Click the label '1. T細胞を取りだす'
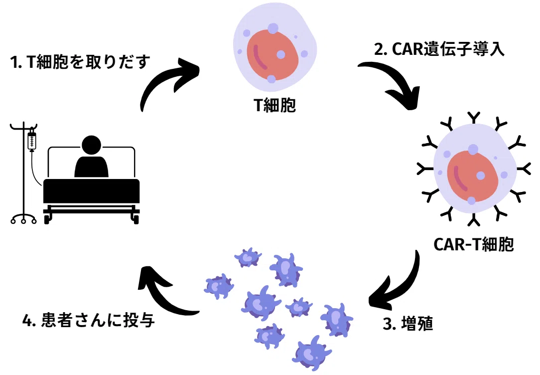[80, 62]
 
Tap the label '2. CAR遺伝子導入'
[439, 49]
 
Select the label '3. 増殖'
[408, 324]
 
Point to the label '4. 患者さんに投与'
[89, 320]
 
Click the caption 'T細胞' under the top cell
[274, 105]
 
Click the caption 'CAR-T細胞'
[474, 244]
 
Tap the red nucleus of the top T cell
[272, 55]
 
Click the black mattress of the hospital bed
[91, 191]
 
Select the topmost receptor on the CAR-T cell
[473, 118]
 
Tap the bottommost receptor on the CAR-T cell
[473, 220]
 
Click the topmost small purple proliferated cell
[248, 257]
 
